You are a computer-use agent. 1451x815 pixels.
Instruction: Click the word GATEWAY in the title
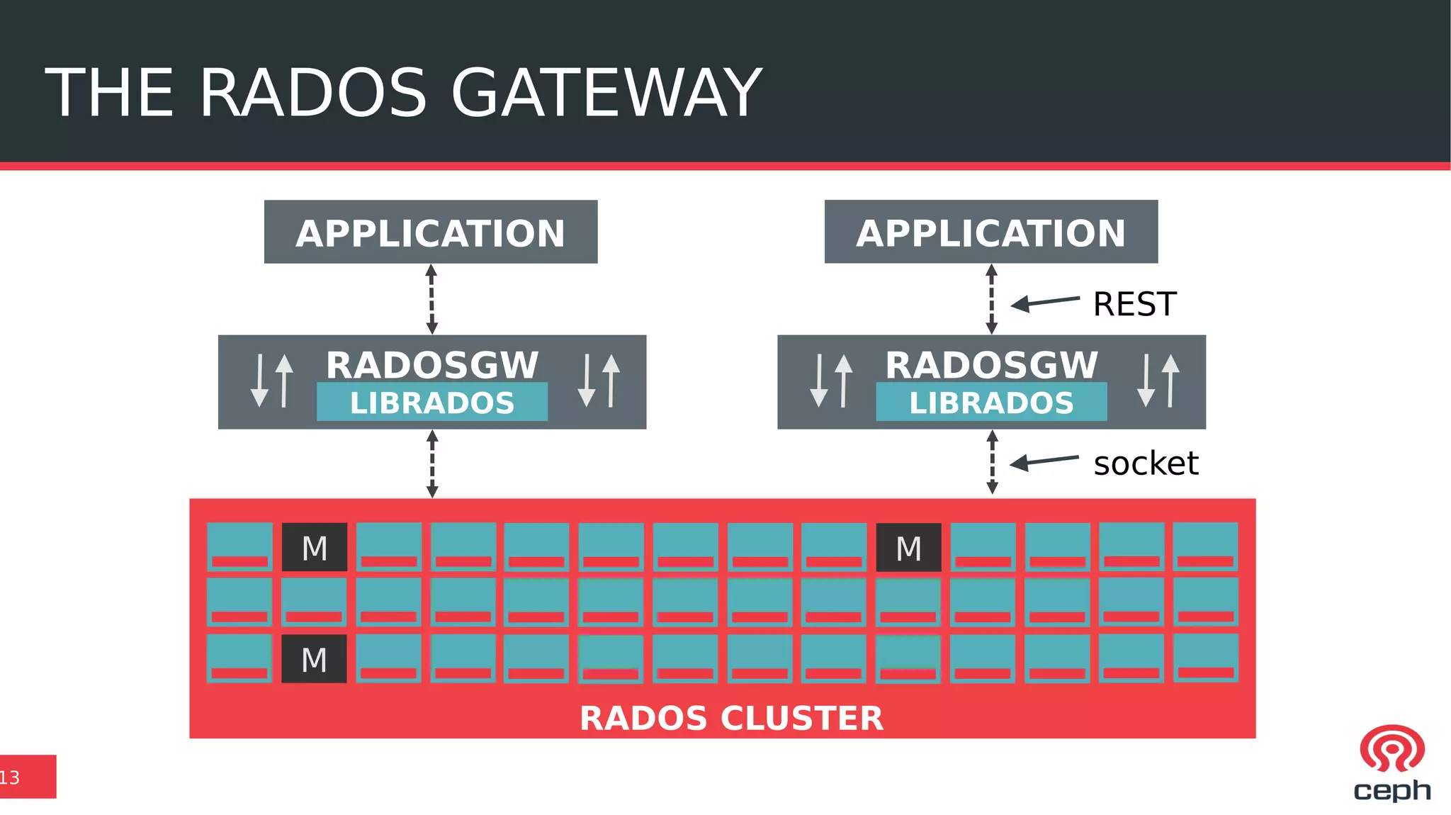click(606, 93)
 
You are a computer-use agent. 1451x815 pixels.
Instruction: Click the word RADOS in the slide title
click(312, 93)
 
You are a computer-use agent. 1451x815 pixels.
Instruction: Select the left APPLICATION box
click(431, 232)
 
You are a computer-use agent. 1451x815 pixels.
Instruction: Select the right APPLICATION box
click(990, 232)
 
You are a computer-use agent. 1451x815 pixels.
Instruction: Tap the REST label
click(1134, 304)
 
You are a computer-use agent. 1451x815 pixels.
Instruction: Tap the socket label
click(1145, 463)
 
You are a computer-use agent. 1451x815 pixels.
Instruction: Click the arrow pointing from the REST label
click(1044, 303)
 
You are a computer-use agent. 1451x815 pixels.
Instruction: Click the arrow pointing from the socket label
click(1043, 462)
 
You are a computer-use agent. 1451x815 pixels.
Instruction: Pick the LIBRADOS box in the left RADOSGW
click(431, 403)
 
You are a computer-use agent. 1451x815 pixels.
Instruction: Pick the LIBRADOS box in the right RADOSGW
click(990, 403)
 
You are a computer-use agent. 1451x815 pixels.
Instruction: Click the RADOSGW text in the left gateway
click(431, 365)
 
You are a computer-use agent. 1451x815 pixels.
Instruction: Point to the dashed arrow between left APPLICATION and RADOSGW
click(431, 299)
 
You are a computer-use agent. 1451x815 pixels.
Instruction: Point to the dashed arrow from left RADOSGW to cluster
click(432, 464)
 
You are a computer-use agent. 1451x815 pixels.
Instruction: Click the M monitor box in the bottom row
click(314, 659)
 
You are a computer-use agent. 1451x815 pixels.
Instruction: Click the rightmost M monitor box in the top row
click(908, 547)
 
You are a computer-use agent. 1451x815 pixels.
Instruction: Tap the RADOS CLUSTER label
click(731, 718)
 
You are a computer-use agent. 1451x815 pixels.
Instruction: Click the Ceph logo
click(1391, 763)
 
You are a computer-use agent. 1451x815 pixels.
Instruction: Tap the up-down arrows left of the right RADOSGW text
click(831, 381)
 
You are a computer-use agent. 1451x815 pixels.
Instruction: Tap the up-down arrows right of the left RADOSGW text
click(599, 381)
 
